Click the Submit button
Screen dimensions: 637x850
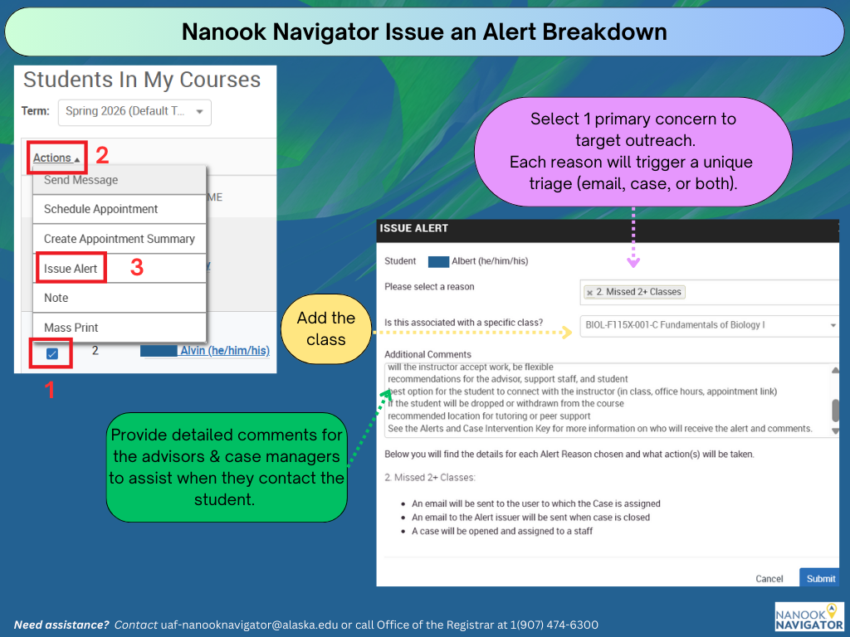(x=819, y=578)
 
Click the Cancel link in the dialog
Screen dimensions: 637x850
(x=769, y=579)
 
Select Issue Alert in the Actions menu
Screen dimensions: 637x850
(x=71, y=269)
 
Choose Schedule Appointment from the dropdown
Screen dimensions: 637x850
(x=101, y=209)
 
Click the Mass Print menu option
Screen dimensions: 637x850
(x=71, y=328)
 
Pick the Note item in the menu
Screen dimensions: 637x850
(x=56, y=298)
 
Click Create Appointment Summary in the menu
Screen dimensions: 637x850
(x=120, y=239)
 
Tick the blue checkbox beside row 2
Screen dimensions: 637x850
(x=52, y=353)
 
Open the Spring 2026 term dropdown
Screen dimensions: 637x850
(x=134, y=111)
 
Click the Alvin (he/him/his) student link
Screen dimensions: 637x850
(x=224, y=351)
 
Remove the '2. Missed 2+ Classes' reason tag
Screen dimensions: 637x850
(x=589, y=293)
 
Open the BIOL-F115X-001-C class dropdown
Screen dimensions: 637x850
(x=710, y=325)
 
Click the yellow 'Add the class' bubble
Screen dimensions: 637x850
(x=325, y=328)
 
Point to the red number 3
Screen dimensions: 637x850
(x=137, y=268)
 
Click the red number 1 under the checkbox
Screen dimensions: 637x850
(x=49, y=390)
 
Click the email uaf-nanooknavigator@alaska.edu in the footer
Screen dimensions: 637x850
(x=248, y=625)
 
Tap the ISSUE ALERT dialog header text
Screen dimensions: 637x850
(x=413, y=228)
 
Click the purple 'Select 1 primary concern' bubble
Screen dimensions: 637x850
(x=633, y=152)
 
